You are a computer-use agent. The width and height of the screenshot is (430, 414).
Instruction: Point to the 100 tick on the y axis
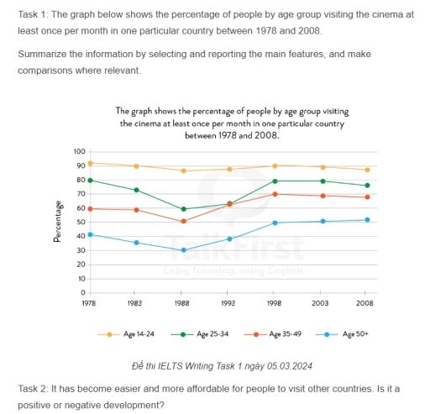79,151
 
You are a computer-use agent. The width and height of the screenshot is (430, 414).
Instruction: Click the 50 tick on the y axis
81,222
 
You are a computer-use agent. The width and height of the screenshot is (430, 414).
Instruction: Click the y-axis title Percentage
57,222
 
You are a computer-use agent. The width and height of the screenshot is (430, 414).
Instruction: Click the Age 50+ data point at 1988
183,250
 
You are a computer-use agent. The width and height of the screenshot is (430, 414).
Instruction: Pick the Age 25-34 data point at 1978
89,180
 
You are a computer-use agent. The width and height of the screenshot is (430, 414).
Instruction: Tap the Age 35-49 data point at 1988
183,221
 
